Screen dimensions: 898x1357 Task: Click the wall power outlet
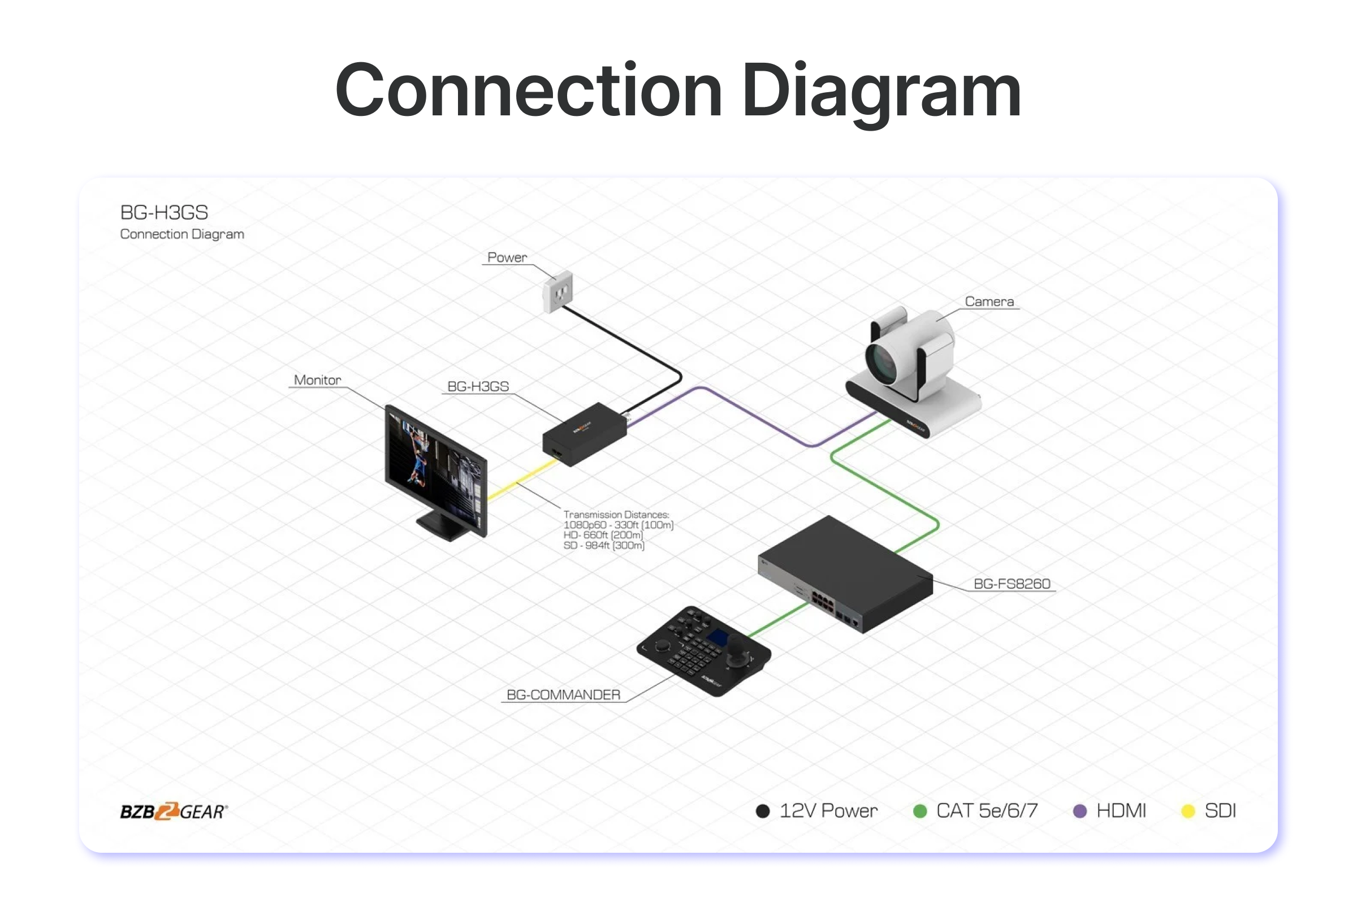point(558,291)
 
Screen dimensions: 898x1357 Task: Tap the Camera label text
point(989,301)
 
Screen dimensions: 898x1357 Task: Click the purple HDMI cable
point(756,415)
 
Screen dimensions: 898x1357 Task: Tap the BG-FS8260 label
point(1012,584)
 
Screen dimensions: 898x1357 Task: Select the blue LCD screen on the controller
point(716,637)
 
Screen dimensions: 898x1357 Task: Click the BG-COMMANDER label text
point(563,694)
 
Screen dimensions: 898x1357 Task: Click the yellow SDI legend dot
point(1188,811)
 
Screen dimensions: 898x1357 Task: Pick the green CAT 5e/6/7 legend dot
point(919,811)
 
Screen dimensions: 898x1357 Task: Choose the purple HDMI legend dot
point(1079,811)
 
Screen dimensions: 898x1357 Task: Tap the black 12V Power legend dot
point(762,811)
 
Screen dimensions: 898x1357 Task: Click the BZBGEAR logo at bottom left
point(174,811)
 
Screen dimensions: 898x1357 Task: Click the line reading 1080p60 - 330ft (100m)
point(618,525)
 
